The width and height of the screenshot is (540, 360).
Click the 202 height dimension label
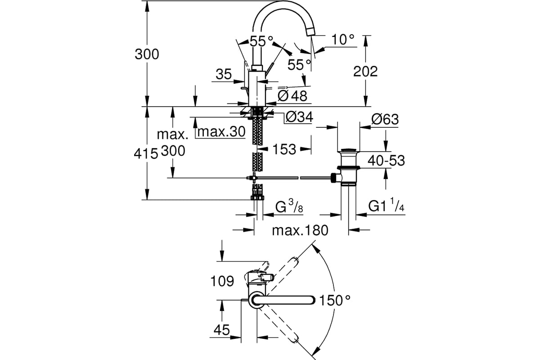[x=365, y=72]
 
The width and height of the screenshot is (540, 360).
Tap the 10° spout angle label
[x=343, y=39]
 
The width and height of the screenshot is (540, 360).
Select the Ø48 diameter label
[x=292, y=96]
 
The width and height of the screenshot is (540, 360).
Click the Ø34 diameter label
[x=299, y=117]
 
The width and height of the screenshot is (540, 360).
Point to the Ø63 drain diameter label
[x=385, y=119]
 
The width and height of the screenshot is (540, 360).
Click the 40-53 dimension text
[x=386, y=160]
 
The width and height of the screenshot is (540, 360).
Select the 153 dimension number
[x=284, y=149]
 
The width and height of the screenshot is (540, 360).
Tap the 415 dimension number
[x=146, y=153]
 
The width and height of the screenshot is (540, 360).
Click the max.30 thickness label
[x=221, y=132]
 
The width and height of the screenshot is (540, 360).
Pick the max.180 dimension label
[x=300, y=230]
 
